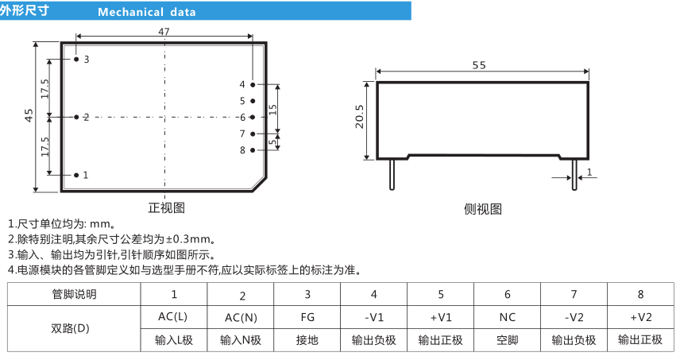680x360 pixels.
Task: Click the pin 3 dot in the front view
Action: [76, 59]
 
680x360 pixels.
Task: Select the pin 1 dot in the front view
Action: [76, 175]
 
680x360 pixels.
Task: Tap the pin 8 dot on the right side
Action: [253, 150]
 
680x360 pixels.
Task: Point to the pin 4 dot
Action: [253, 84]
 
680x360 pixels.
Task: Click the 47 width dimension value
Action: [164, 32]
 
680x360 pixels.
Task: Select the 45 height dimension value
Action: [29, 115]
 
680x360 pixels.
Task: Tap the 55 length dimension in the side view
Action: [479, 65]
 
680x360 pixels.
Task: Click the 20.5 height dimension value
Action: [360, 117]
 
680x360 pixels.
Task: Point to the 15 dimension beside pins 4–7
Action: [272, 110]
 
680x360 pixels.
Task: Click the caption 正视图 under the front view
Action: [167, 207]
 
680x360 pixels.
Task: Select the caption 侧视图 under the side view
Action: [483, 209]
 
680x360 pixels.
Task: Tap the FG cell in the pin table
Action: [307, 318]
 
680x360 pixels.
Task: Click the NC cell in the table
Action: [507, 318]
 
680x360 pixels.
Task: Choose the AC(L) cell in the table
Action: [172, 317]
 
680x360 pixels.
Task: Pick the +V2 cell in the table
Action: [640, 318]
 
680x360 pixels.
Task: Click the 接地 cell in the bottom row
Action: [307, 340]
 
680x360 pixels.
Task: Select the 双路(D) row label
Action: [70, 328]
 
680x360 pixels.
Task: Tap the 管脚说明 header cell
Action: [74, 295]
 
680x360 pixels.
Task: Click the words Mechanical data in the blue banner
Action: [147, 12]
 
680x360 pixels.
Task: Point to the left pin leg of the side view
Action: [392, 175]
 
